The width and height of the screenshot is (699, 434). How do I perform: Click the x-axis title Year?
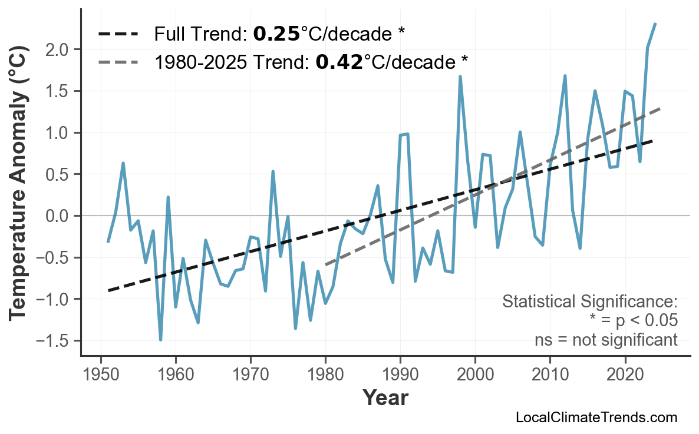coord(385,398)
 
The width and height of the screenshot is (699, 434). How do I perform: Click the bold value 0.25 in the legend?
coord(276,34)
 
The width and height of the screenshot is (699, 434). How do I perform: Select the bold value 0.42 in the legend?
coord(339,61)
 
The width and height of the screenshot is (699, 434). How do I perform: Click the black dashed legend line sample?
coord(118,34)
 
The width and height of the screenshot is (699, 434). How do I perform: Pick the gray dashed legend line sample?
coord(118,61)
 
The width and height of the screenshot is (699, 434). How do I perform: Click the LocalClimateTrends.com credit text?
coord(596,418)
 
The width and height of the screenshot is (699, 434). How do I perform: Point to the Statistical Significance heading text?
coord(589,302)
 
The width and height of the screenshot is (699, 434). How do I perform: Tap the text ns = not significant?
coord(605,340)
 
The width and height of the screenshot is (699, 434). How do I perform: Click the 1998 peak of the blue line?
coord(460,77)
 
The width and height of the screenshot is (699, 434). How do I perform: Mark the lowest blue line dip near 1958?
coord(160,340)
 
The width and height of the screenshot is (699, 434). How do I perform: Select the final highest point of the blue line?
coord(655,24)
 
